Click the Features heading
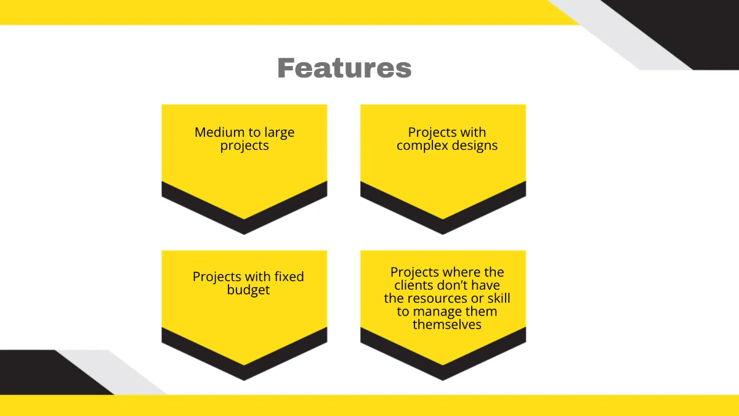coord(344,67)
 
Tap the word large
coord(280,133)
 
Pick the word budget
coord(248,290)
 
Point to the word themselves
coord(446,325)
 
